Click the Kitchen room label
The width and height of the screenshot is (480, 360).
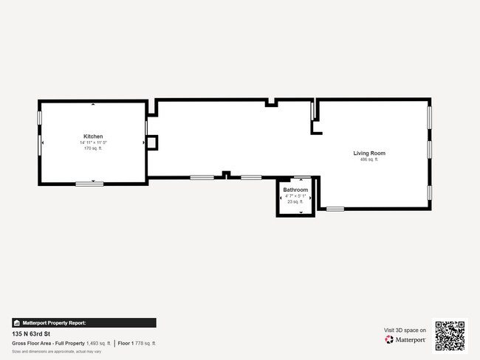(93, 136)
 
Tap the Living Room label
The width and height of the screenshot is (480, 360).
(368, 153)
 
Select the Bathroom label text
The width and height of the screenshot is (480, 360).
(295, 190)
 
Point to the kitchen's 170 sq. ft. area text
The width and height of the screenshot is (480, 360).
(93, 148)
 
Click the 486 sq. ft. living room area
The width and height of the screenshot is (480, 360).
(368, 159)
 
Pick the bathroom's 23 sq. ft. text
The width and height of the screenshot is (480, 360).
(295, 201)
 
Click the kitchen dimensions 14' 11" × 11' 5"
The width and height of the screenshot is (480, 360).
(93, 142)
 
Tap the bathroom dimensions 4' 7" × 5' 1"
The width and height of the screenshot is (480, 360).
(295, 195)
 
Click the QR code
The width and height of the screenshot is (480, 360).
(450, 336)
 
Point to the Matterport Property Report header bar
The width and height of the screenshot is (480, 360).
(83, 322)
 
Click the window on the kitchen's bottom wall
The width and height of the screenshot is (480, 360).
(89, 183)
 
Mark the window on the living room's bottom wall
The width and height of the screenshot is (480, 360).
(335, 209)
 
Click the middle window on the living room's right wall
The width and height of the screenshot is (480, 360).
(429, 149)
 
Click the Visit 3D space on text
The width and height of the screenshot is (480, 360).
(405, 330)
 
